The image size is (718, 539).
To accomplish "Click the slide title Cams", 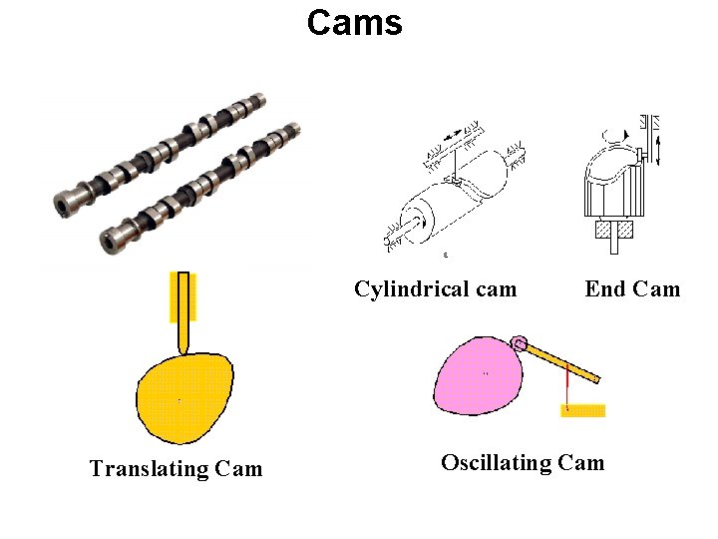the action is [354, 22].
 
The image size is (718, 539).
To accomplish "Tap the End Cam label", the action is [632, 289].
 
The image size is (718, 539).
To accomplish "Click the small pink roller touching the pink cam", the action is [520, 344].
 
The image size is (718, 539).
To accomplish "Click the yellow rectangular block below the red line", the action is [582, 409].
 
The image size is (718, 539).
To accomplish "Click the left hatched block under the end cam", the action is [603, 230].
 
